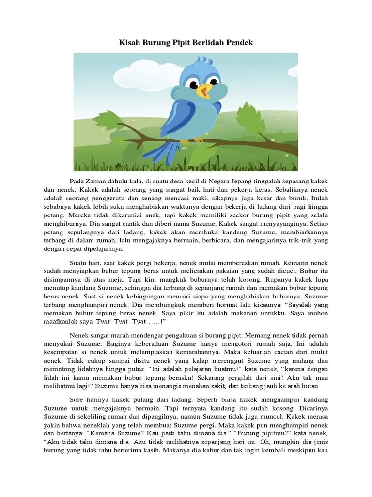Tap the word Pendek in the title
point(239,43)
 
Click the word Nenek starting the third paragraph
point(80,335)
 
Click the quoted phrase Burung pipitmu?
point(256,434)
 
